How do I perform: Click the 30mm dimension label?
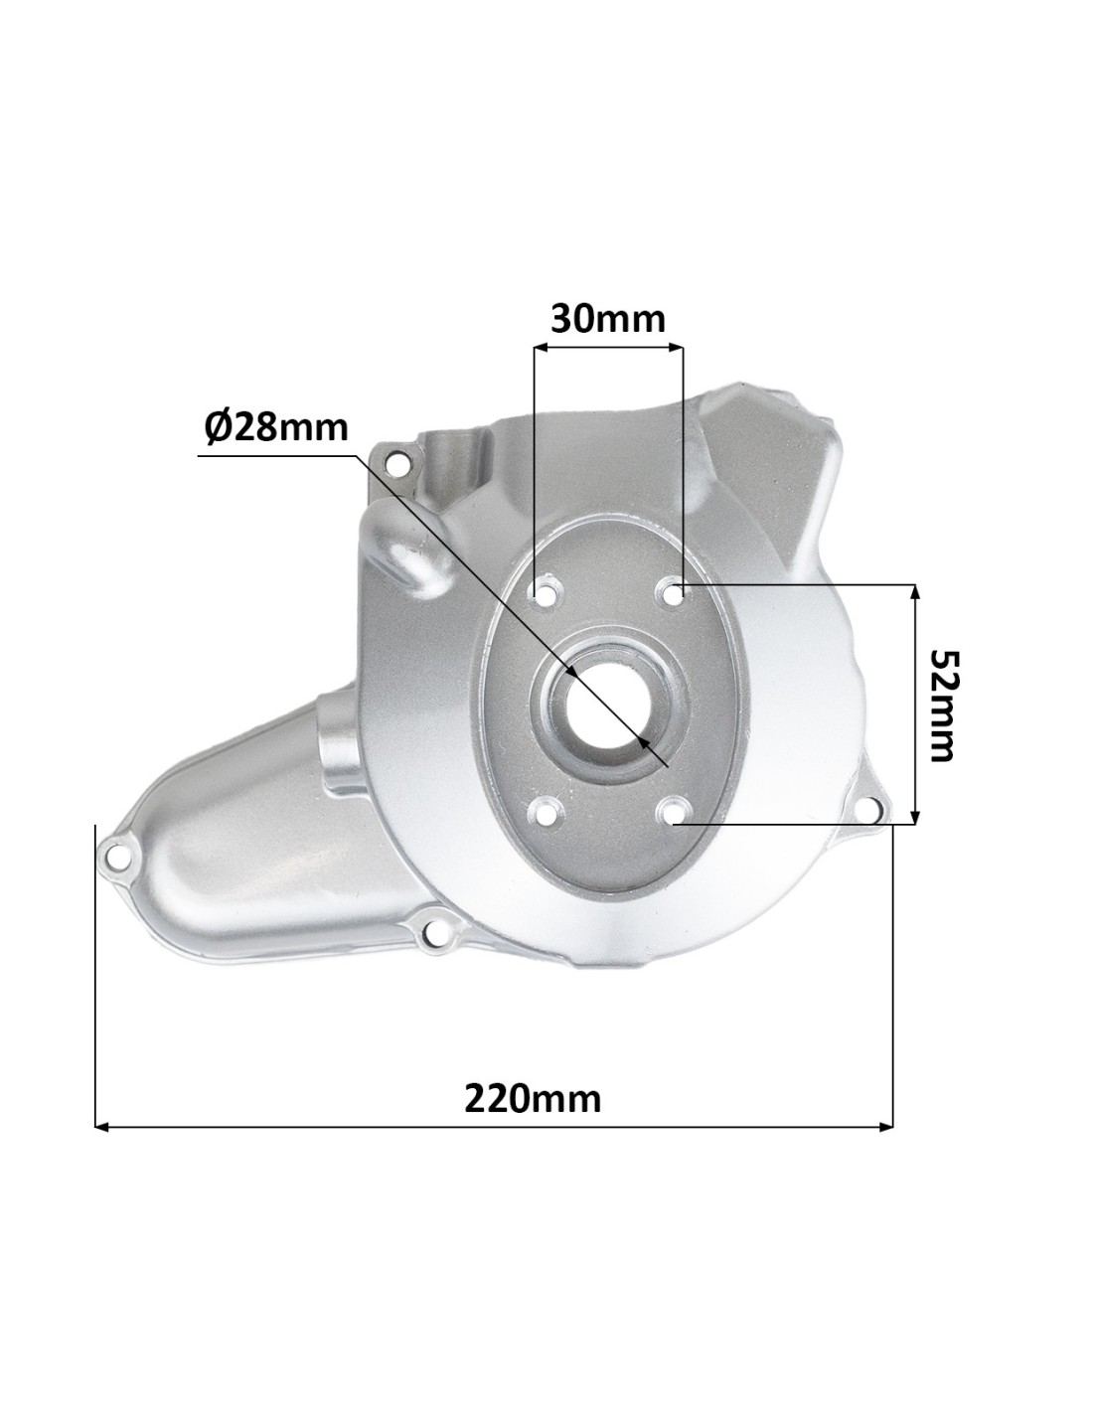point(608,319)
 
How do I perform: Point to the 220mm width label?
point(533,1099)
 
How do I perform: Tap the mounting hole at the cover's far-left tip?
point(115,853)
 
